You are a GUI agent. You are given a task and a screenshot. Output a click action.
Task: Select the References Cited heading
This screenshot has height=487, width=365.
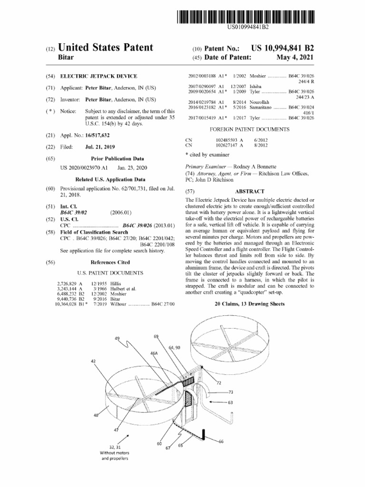pyautogui.click(x=110, y=263)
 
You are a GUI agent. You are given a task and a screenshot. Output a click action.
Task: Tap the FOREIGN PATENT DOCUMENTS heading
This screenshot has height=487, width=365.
pyautogui.click(x=250, y=129)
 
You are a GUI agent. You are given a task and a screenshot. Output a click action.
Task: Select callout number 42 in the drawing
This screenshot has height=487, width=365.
pyautogui.click(x=94, y=361)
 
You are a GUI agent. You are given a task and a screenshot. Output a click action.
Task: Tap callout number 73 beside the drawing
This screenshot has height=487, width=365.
pyautogui.click(x=231, y=392)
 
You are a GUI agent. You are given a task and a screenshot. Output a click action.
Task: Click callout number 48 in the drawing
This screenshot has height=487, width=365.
pyautogui.click(x=96, y=415)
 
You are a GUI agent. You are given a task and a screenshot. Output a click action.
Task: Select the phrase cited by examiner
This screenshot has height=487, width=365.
pyautogui.click(x=209, y=155)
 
